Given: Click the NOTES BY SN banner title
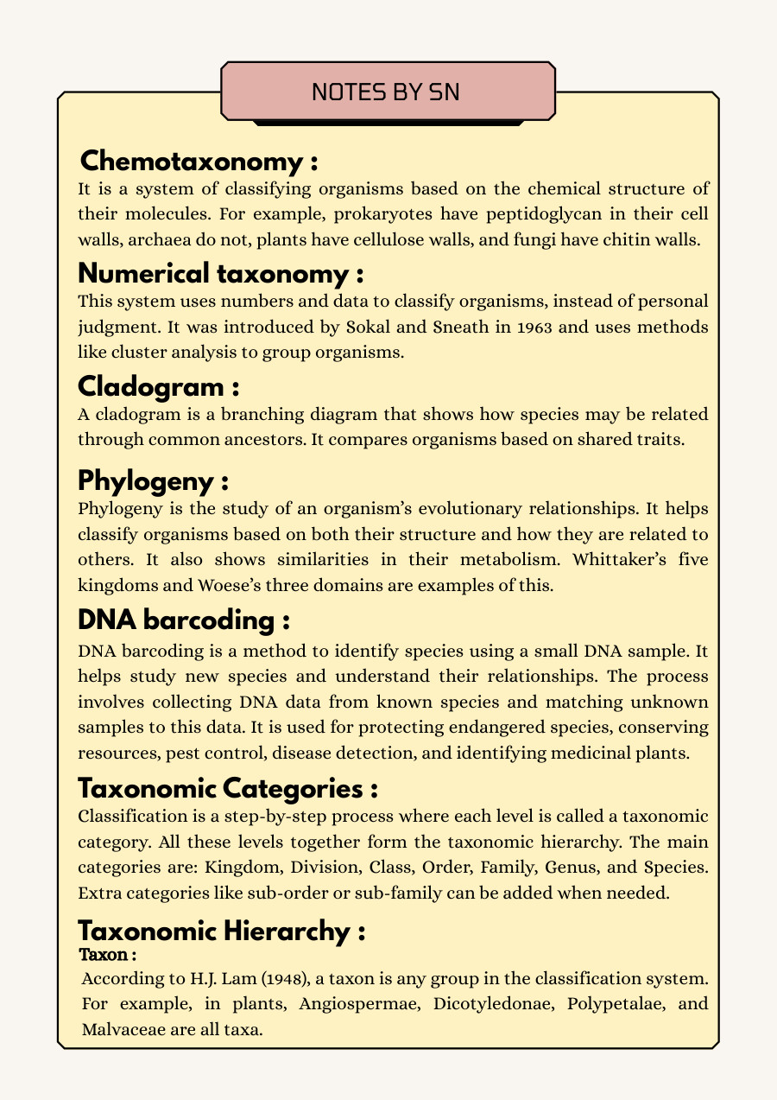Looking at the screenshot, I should [388, 92].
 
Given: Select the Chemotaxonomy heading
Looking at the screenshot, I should [199, 162].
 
